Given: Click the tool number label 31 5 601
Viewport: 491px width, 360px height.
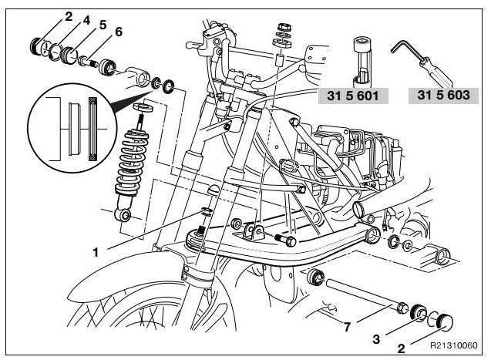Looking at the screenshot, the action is click(x=353, y=96).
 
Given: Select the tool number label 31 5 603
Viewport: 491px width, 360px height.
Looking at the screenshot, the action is click(x=443, y=95).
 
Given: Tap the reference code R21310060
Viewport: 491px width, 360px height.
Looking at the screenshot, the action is click(x=454, y=345).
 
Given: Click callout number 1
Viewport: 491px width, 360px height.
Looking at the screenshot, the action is click(x=96, y=252).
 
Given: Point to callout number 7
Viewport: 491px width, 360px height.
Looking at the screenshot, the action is click(x=347, y=327).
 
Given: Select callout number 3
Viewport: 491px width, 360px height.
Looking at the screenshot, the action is click(x=376, y=338).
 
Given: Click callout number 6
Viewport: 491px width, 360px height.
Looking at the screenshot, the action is click(x=119, y=32).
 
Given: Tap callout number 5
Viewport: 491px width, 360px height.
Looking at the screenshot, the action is click(x=103, y=25).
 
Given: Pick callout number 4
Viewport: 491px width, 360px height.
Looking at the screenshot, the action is click(x=86, y=20).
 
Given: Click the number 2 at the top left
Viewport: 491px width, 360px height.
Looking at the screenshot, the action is click(x=69, y=16).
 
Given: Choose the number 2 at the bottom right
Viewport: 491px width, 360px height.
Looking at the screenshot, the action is click(x=401, y=348).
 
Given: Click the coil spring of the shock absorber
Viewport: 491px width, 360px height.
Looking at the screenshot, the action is click(x=132, y=162).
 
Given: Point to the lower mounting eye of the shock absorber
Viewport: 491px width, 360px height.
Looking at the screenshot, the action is click(x=123, y=215).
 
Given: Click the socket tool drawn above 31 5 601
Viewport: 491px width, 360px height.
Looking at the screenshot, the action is click(x=362, y=62).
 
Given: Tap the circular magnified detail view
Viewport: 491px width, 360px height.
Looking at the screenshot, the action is click(x=72, y=128).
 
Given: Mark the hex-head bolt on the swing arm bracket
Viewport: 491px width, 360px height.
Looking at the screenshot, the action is click(x=285, y=240).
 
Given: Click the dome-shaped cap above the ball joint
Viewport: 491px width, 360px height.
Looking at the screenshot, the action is click(x=214, y=190).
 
